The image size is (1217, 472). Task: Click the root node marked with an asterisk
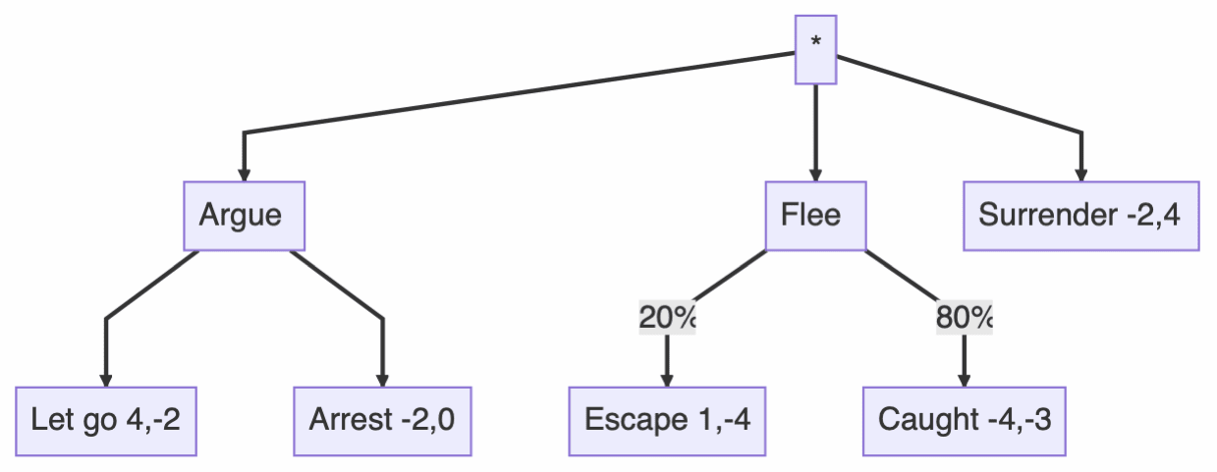coord(815,49)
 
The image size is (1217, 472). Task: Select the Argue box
coord(241,215)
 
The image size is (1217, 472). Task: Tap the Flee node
coord(815,215)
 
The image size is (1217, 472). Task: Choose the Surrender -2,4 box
coord(1080,215)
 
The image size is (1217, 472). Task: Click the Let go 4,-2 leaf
coord(106,421)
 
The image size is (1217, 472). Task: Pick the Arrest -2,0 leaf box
coord(382,421)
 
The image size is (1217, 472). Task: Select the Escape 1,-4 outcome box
coord(667,421)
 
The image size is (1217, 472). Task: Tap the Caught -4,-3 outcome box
coord(964,421)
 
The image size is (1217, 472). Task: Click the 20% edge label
coord(667,318)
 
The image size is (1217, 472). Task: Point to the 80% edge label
coord(964,318)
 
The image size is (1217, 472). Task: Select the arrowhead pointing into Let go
coord(106,380)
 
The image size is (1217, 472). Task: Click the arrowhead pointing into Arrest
coord(382,380)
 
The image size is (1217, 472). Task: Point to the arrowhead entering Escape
coord(667,380)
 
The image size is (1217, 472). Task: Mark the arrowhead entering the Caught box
coord(964,380)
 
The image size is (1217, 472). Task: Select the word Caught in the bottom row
coord(927,421)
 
